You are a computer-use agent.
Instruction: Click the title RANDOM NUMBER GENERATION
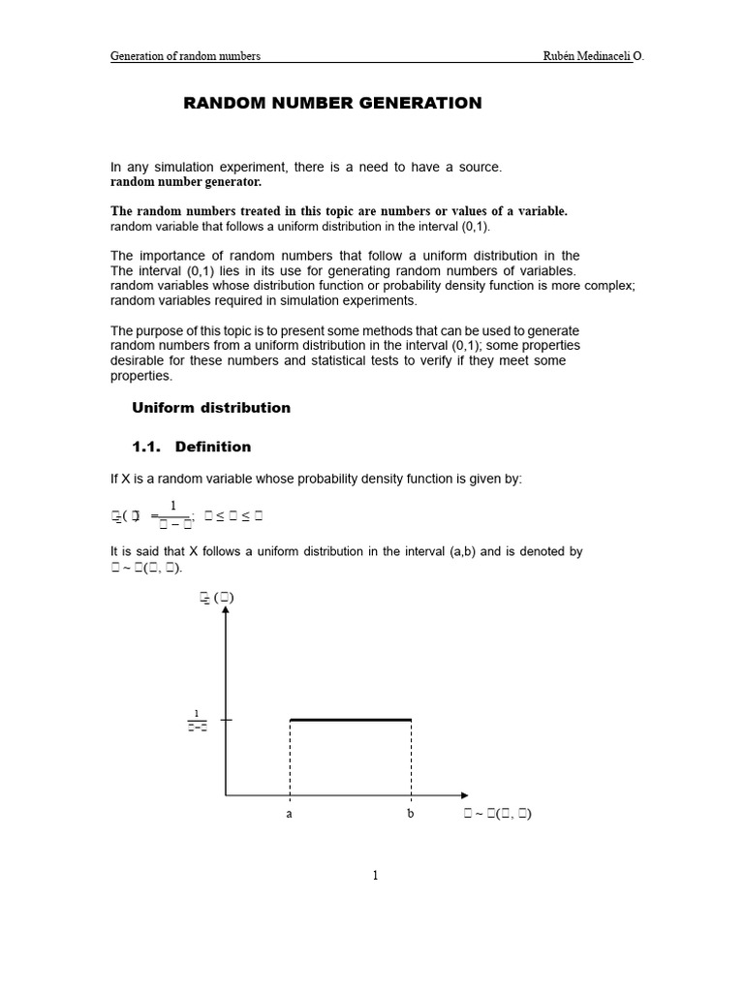(332, 103)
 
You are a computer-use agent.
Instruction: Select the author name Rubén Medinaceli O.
(593, 56)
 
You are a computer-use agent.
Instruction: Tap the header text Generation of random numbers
(185, 56)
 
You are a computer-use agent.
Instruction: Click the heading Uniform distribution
(210, 408)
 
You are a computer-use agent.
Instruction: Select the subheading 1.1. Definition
(191, 447)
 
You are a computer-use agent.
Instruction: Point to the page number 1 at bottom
(376, 876)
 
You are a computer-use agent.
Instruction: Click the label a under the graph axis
(289, 815)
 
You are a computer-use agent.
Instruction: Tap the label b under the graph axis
(411, 815)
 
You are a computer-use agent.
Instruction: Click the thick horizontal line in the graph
(351, 720)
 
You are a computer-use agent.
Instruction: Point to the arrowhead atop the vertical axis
(226, 613)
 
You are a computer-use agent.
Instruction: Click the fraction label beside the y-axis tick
(197, 722)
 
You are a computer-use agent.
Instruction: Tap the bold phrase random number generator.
(186, 182)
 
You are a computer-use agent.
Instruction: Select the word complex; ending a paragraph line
(607, 285)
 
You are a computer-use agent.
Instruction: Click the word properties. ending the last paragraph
(141, 376)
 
